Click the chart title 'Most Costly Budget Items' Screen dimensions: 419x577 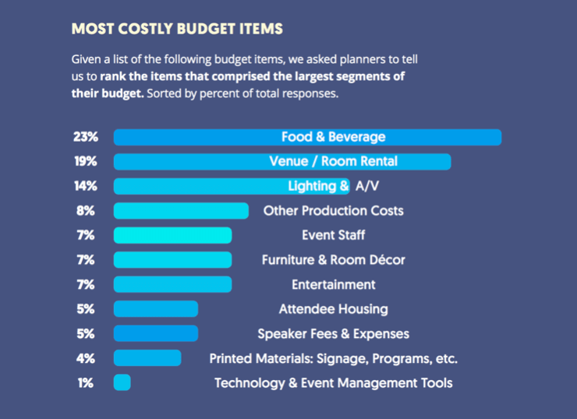coord(176,30)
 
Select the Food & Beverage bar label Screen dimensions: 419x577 coord(334,137)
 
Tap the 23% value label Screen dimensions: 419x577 coord(85,137)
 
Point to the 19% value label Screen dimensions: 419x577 coord(85,161)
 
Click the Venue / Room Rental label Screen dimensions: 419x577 coord(333,161)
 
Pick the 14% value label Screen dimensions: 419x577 coord(85,186)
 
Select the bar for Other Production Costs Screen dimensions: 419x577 coord(181,211)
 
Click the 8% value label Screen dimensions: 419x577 coord(85,211)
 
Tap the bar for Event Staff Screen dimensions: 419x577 coord(172,235)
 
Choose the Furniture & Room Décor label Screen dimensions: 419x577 coord(333,260)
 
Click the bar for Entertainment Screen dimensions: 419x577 coord(172,284)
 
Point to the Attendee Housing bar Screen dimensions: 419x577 coord(155,309)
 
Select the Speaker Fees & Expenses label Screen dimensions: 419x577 coord(333,334)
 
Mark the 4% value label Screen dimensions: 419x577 coord(85,358)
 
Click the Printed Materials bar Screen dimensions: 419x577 coord(147,358)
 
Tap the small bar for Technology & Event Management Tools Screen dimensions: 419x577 coord(122,383)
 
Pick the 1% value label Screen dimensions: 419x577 coord(85,383)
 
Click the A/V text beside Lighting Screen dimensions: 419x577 coord(366,186)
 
